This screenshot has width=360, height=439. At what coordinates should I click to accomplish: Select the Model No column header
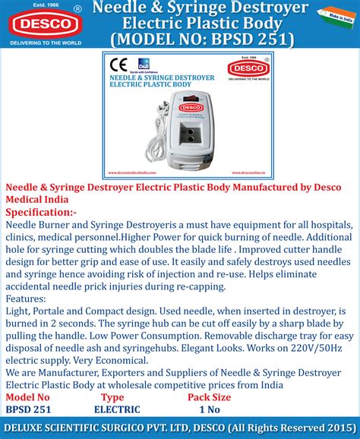[28, 396]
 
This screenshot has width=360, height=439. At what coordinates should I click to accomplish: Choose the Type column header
[112, 396]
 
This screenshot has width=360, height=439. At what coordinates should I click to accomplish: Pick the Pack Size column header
[209, 396]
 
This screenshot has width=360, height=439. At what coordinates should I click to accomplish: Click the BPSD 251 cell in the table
[29, 409]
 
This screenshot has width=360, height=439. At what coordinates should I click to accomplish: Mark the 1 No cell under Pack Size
[209, 409]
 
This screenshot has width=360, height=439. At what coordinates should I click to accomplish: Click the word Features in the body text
[28, 300]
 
